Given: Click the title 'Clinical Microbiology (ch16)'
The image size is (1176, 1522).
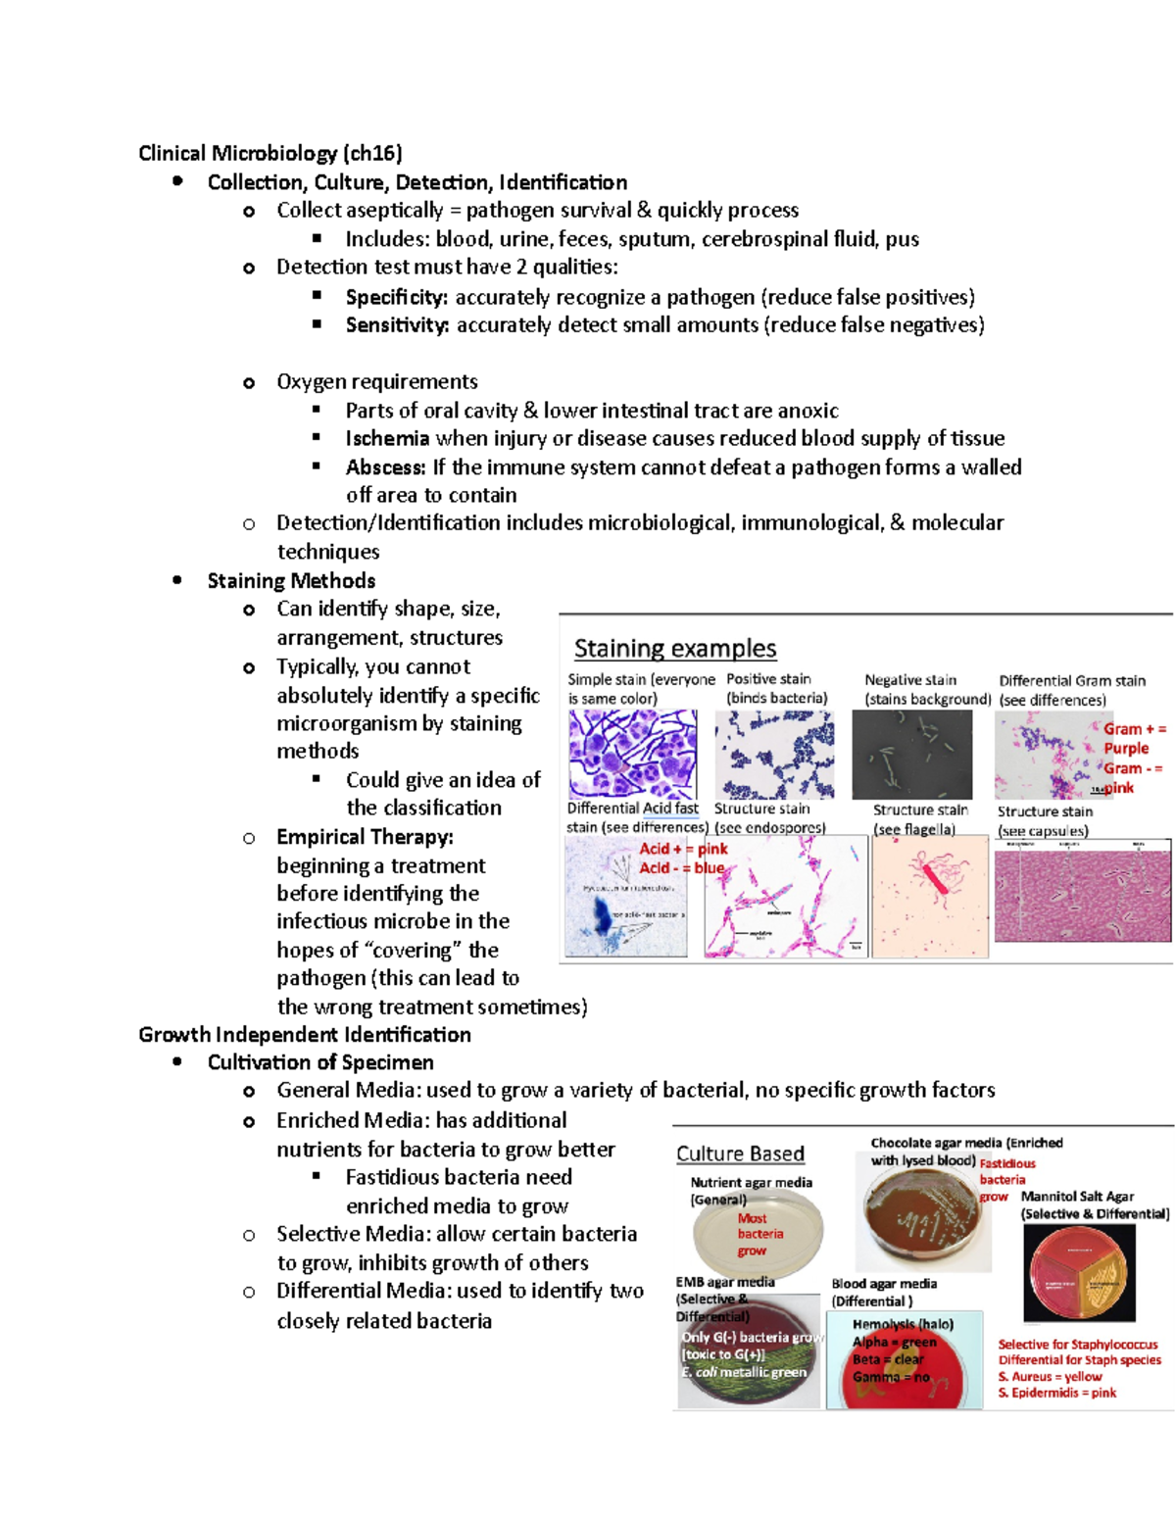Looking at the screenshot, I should [269, 153].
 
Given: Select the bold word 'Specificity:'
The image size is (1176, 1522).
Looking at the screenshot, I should [396, 297].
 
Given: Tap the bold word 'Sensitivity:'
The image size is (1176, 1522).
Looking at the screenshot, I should [397, 325].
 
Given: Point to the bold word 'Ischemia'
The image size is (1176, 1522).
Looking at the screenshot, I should [387, 438].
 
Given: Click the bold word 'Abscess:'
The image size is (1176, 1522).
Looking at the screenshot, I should [385, 467].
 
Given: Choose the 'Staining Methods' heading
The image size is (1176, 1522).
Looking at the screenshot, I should [291, 580].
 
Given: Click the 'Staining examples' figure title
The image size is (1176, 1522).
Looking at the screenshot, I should [674, 649].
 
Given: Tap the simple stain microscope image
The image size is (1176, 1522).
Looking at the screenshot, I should [632, 754].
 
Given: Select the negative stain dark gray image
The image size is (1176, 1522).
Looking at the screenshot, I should [911, 755].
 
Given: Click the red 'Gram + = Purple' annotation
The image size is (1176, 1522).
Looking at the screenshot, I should [1132, 738].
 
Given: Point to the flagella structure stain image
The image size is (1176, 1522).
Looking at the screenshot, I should [929, 896].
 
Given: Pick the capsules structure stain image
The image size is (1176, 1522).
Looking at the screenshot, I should [1082, 896].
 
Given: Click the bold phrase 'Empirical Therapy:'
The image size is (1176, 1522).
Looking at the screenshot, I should [365, 837].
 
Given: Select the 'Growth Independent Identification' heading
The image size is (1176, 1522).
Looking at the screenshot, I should [305, 1035].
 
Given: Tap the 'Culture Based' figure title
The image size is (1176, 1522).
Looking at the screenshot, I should [740, 1154].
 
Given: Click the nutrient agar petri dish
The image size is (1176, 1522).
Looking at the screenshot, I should [757, 1234].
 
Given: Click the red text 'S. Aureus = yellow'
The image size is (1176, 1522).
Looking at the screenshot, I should [1050, 1376].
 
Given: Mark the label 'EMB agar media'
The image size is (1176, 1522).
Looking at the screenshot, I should [724, 1282].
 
